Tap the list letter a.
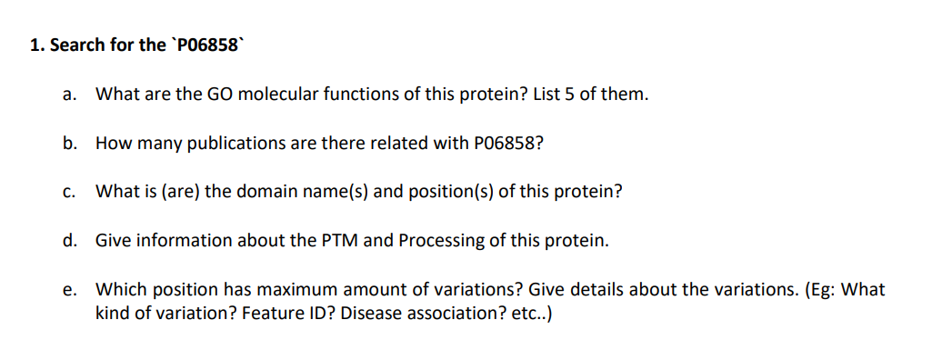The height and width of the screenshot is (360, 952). tap(69, 94)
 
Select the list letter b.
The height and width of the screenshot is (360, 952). tap(69, 143)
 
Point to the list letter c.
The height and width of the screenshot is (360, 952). tap(69, 192)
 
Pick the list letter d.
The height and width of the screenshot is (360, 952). tap(69, 241)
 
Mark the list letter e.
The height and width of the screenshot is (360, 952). tap(69, 290)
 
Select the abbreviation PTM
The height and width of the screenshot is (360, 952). tap(340, 241)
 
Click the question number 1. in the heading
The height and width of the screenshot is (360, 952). tap(36, 45)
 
